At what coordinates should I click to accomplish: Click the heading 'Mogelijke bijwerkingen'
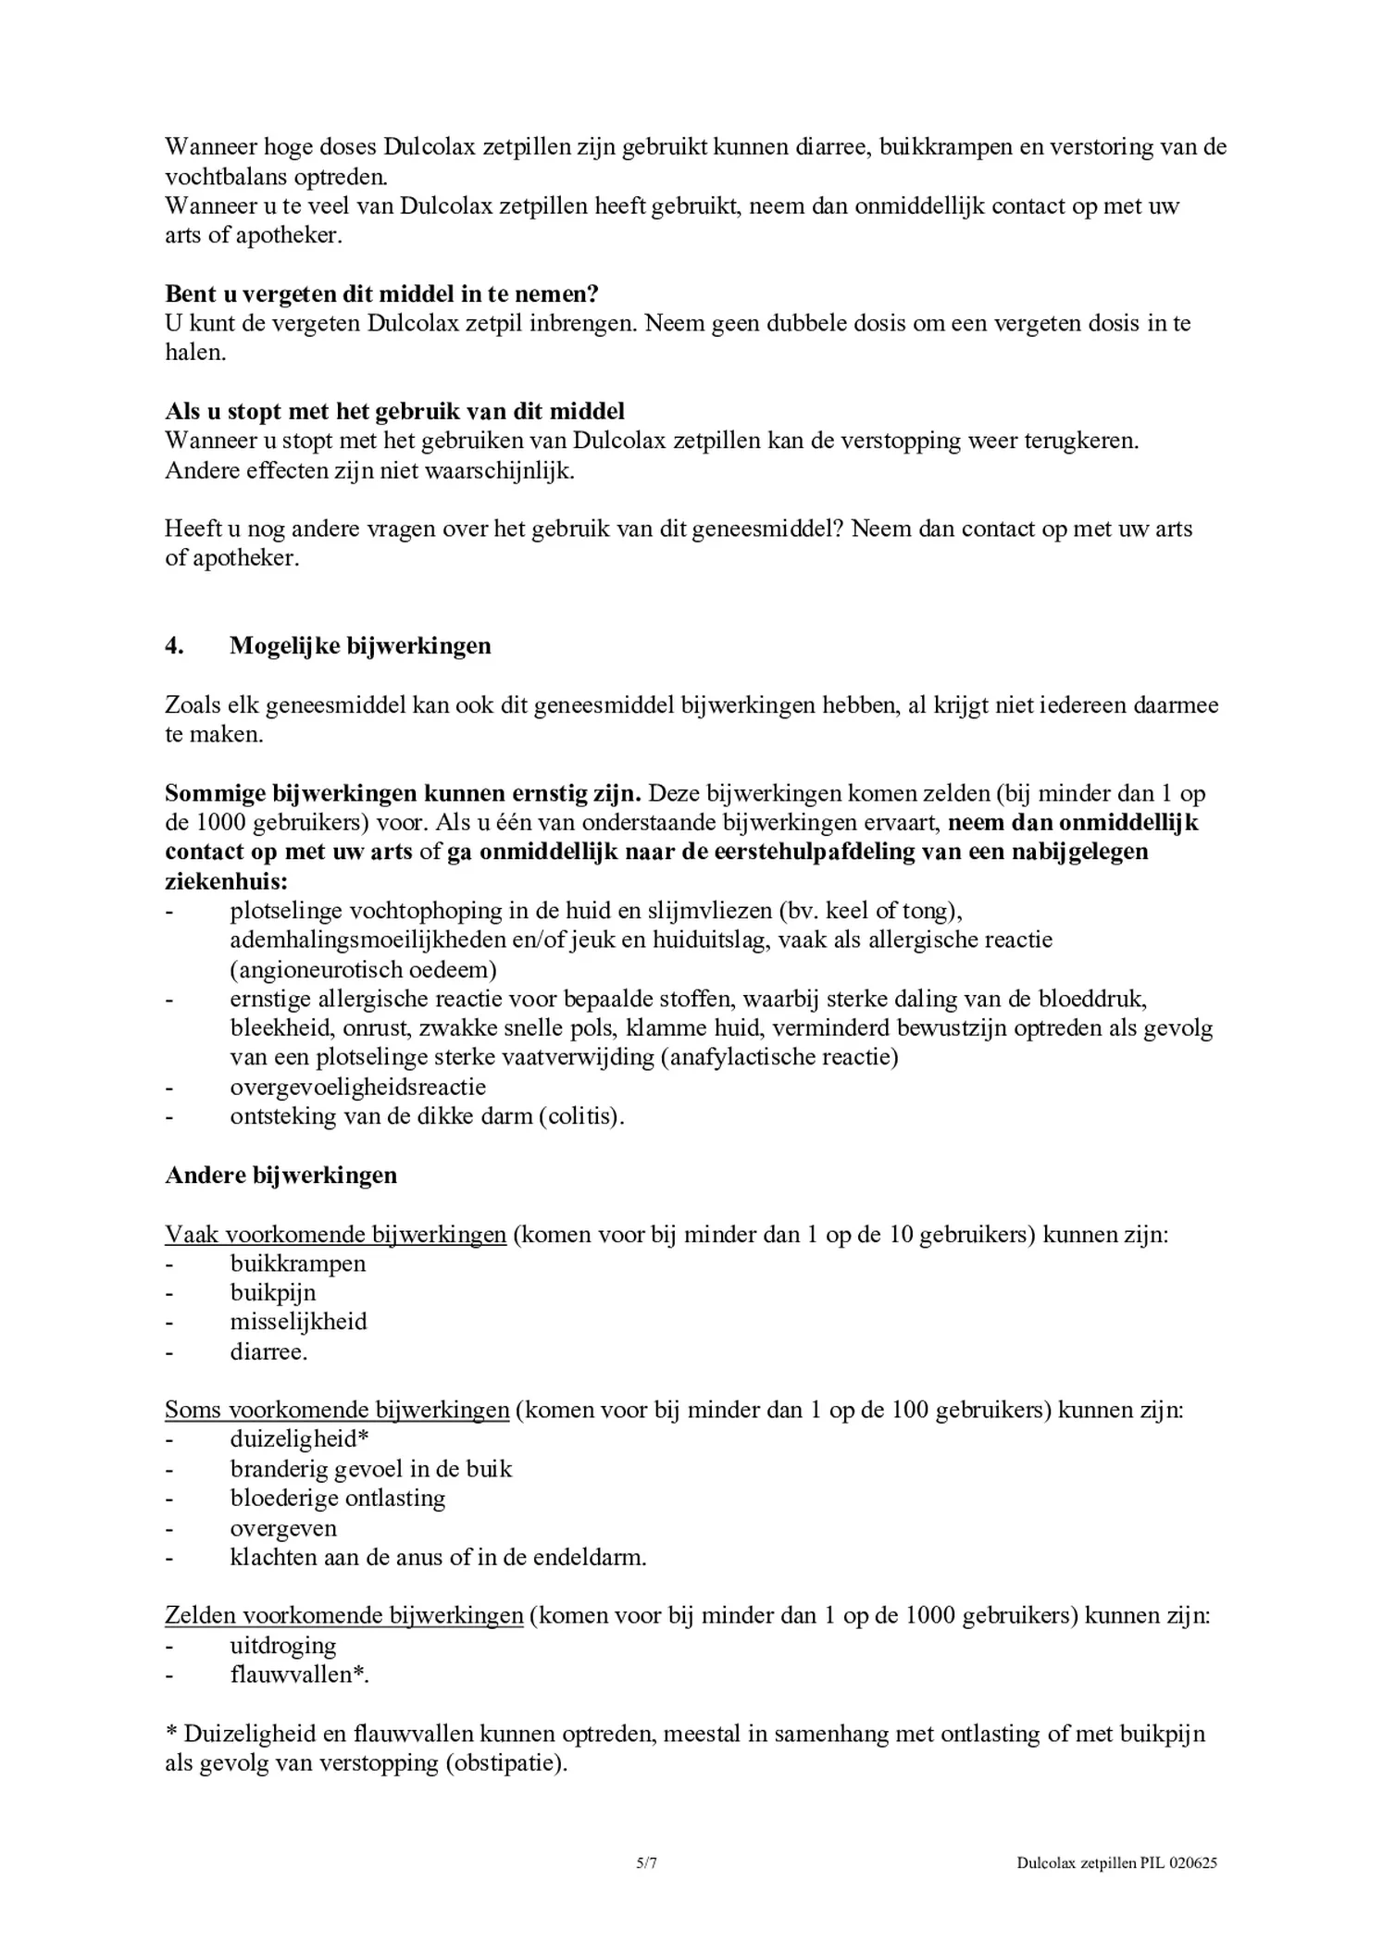pos(360,645)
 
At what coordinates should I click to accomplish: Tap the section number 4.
pos(174,645)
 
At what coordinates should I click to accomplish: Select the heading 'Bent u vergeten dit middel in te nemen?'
pos(381,293)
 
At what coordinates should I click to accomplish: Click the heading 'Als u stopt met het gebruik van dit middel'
pos(394,410)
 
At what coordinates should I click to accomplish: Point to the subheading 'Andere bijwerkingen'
pos(280,1175)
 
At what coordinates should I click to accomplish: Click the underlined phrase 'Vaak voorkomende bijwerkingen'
pos(335,1234)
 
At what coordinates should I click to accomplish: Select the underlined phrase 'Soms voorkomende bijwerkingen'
pos(337,1410)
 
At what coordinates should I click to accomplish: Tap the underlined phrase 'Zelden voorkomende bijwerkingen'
pos(344,1615)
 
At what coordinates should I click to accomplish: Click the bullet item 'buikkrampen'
pos(298,1263)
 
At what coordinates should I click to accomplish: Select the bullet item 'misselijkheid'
pos(298,1322)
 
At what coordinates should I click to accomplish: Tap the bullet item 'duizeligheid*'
pos(300,1438)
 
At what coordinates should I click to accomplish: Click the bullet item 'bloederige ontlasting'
pos(338,1498)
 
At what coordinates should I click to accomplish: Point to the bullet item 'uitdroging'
pos(283,1645)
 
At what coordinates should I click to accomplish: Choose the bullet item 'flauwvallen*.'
pos(300,1674)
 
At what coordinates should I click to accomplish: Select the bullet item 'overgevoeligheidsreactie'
pos(358,1086)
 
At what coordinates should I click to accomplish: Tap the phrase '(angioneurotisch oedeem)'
pos(364,969)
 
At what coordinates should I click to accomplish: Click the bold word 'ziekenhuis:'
pos(226,880)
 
